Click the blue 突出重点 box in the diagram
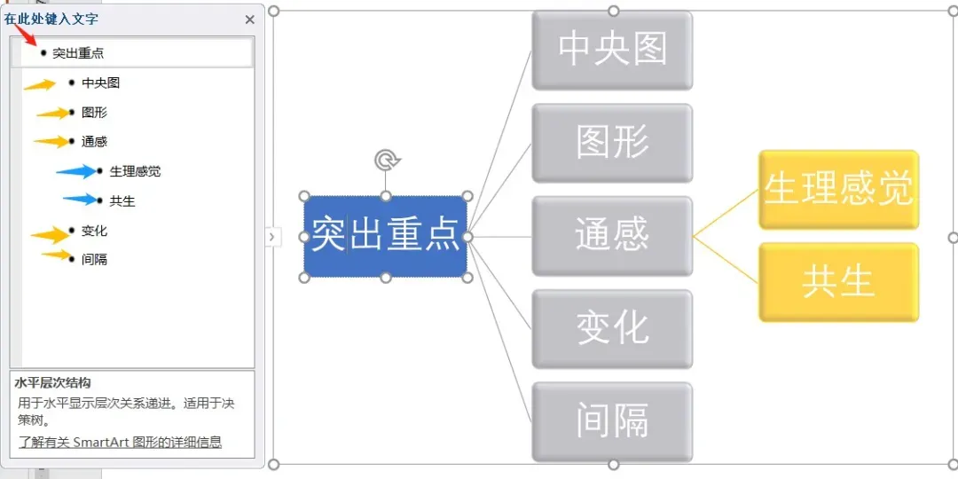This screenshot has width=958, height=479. pyautogui.click(x=385, y=237)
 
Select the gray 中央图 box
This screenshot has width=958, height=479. pyautogui.click(x=612, y=50)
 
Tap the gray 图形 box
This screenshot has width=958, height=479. pyautogui.click(x=612, y=143)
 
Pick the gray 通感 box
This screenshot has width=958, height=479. pyautogui.click(x=612, y=236)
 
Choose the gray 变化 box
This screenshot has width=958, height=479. pyautogui.click(x=612, y=329)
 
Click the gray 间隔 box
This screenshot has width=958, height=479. pyautogui.click(x=612, y=421)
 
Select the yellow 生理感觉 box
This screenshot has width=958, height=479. pyautogui.click(x=838, y=190)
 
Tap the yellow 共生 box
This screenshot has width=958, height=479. pyautogui.click(x=838, y=282)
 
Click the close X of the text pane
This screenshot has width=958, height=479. pyautogui.click(x=249, y=20)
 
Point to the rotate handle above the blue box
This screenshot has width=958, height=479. pyautogui.click(x=386, y=161)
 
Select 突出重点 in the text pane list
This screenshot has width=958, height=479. pyautogui.click(x=78, y=53)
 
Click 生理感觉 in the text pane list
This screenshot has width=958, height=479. pyautogui.click(x=135, y=171)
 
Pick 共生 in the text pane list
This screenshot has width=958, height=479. pyautogui.click(x=122, y=201)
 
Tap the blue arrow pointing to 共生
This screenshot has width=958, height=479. pyautogui.click(x=81, y=200)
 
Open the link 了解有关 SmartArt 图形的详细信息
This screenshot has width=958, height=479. pyautogui.click(x=120, y=442)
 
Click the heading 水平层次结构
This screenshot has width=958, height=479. pyautogui.click(x=52, y=383)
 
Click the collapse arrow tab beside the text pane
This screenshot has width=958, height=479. pyautogui.click(x=271, y=237)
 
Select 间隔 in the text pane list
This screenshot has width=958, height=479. pyautogui.click(x=94, y=260)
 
